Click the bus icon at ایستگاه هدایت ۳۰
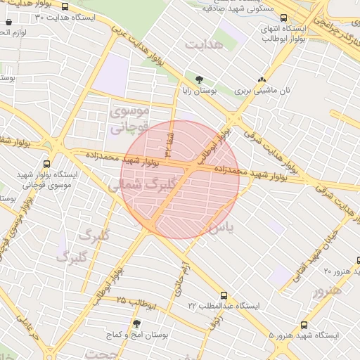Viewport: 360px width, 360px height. click(65, 6)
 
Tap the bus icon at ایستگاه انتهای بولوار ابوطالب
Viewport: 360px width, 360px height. click(283, 18)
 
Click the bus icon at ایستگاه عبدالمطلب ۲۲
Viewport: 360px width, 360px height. click(224, 295)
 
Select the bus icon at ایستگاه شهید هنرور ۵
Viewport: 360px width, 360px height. click(304, 326)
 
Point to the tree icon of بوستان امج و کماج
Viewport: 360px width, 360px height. click(137, 323)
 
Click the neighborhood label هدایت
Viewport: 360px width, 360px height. click(203, 44)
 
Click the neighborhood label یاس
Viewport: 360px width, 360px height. click(219, 227)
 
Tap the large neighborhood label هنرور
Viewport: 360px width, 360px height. click(328, 290)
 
